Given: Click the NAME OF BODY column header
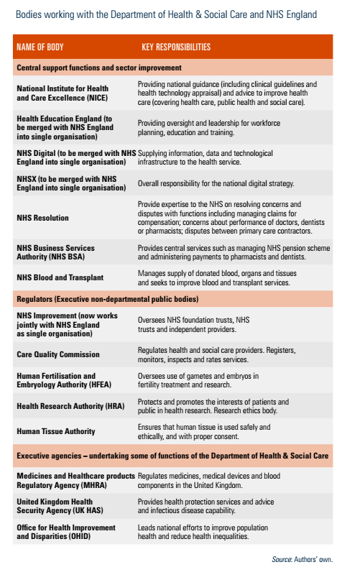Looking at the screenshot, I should pyautogui.click(x=40, y=47).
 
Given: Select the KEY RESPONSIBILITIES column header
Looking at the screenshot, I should pyautogui.click(x=176, y=47).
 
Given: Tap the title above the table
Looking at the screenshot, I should pyautogui.click(x=166, y=14).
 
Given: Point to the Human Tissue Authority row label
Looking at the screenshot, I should pyautogui.click(x=56, y=431).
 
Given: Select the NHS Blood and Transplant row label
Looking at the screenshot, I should pyautogui.click(x=60, y=278).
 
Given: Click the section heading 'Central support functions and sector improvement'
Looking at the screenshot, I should pyautogui.click(x=99, y=68).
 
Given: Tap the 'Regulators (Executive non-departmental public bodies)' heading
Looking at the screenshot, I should pyautogui.click(x=108, y=298).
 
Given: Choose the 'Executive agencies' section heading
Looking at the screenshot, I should pyautogui.click(x=172, y=456).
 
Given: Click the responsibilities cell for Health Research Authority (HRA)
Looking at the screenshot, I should pyautogui.click(x=213, y=406).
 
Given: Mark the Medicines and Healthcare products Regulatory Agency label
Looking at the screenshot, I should pyautogui.click(x=75, y=480).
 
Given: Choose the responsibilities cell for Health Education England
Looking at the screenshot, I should pyautogui.click(x=209, y=127).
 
